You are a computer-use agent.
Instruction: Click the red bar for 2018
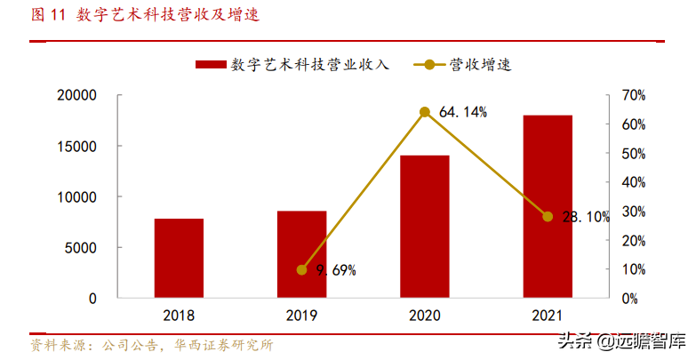(x=179, y=258)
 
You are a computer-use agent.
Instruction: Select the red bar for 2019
(x=301, y=254)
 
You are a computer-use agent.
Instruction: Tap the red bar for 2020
(x=424, y=227)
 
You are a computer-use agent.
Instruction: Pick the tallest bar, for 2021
(x=548, y=206)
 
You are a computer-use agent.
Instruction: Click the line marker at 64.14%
(x=425, y=112)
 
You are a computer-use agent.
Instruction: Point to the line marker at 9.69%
(x=301, y=270)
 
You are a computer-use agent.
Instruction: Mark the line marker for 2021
(x=548, y=217)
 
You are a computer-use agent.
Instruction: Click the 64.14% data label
(x=462, y=112)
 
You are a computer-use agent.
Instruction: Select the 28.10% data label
(x=586, y=217)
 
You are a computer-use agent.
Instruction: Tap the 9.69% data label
(x=336, y=270)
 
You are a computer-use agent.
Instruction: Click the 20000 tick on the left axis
(x=101, y=95)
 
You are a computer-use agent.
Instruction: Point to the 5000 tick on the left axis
(x=106, y=248)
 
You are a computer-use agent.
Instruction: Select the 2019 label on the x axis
(x=301, y=315)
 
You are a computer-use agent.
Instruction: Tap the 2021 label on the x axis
(x=548, y=315)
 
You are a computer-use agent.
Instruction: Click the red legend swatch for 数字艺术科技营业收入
(x=210, y=65)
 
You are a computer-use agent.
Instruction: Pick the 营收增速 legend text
(x=481, y=65)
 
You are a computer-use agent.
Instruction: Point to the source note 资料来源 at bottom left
(x=151, y=346)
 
